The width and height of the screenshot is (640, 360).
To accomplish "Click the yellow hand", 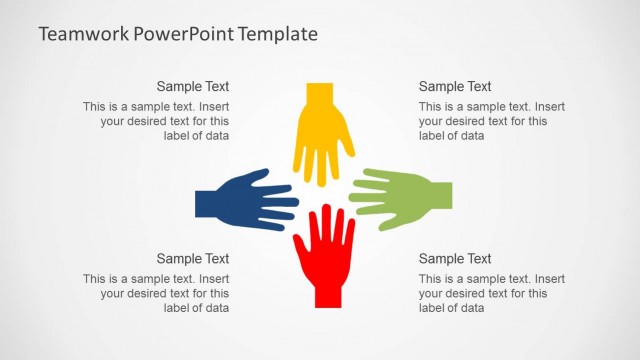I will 322,135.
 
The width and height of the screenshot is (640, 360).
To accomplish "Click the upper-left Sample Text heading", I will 193,87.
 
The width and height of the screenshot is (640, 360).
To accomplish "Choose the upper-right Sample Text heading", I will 455,87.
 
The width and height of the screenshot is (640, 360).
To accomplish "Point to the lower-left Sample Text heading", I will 193,259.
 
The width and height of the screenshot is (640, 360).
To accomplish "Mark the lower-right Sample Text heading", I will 455,259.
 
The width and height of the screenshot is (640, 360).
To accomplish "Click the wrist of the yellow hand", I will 319,93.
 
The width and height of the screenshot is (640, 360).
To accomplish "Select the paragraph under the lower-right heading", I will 491,293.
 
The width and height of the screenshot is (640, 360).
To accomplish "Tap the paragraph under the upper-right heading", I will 491,121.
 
